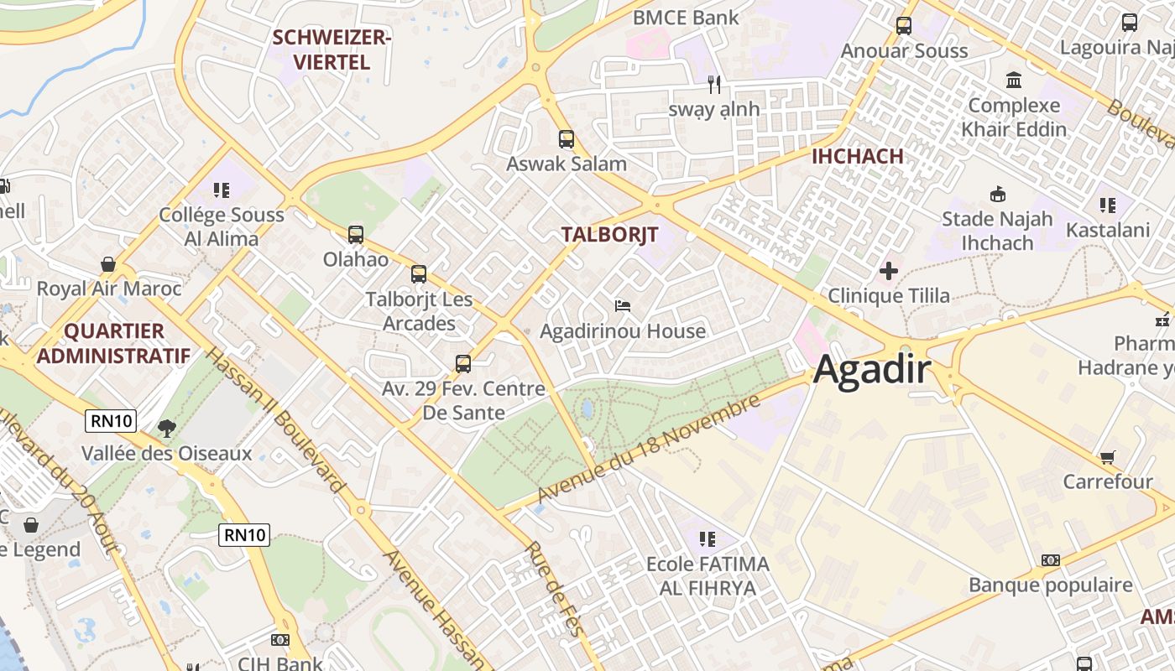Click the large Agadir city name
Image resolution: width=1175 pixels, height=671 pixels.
[873, 369]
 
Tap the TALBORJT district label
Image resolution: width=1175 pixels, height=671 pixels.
[609, 234]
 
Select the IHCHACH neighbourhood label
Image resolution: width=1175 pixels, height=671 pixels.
[857, 156]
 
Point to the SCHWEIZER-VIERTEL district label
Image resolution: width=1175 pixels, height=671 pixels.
[332, 49]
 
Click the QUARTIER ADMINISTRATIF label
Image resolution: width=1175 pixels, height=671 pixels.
[113, 343]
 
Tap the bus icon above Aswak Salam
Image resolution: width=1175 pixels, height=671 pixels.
[567, 139]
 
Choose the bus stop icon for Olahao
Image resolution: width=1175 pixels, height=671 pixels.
[356, 235]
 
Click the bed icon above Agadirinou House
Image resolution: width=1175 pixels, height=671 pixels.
[623, 306]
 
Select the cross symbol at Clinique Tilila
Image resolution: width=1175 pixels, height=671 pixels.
[889, 271]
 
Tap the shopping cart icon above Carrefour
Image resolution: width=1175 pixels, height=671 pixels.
[1108, 457]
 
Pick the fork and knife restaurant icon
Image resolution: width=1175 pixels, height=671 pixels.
[714, 84]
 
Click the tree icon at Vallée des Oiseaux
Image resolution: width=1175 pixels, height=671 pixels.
[167, 429]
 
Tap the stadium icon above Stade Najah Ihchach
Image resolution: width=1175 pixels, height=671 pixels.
[997, 195]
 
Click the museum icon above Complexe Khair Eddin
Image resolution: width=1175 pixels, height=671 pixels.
[1014, 81]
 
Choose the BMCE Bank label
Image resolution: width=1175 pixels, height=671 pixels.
[686, 18]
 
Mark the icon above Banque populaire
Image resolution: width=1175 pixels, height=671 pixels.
[1050, 560]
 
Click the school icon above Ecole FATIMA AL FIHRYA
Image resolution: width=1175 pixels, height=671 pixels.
[708, 538]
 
